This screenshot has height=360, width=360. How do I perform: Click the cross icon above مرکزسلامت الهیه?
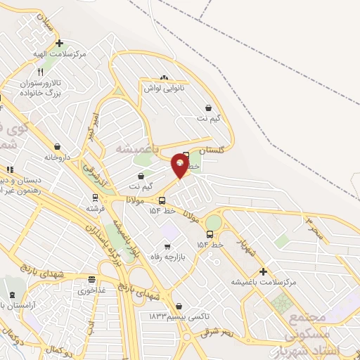tap(60, 43)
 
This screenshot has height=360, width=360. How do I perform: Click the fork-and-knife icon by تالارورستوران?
tap(41, 72)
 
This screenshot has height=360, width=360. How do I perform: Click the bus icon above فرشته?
tap(94, 197)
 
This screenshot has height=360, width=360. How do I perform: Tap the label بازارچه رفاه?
tap(169, 257)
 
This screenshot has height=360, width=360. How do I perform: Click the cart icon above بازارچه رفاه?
tap(167, 246)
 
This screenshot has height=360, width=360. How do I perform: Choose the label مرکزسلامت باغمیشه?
tap(263, 282)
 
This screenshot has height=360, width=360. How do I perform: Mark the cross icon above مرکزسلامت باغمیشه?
tap(264, 271)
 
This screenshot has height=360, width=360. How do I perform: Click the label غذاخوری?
tap(91, 290)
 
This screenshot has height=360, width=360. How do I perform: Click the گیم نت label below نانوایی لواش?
tap(208, 118)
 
